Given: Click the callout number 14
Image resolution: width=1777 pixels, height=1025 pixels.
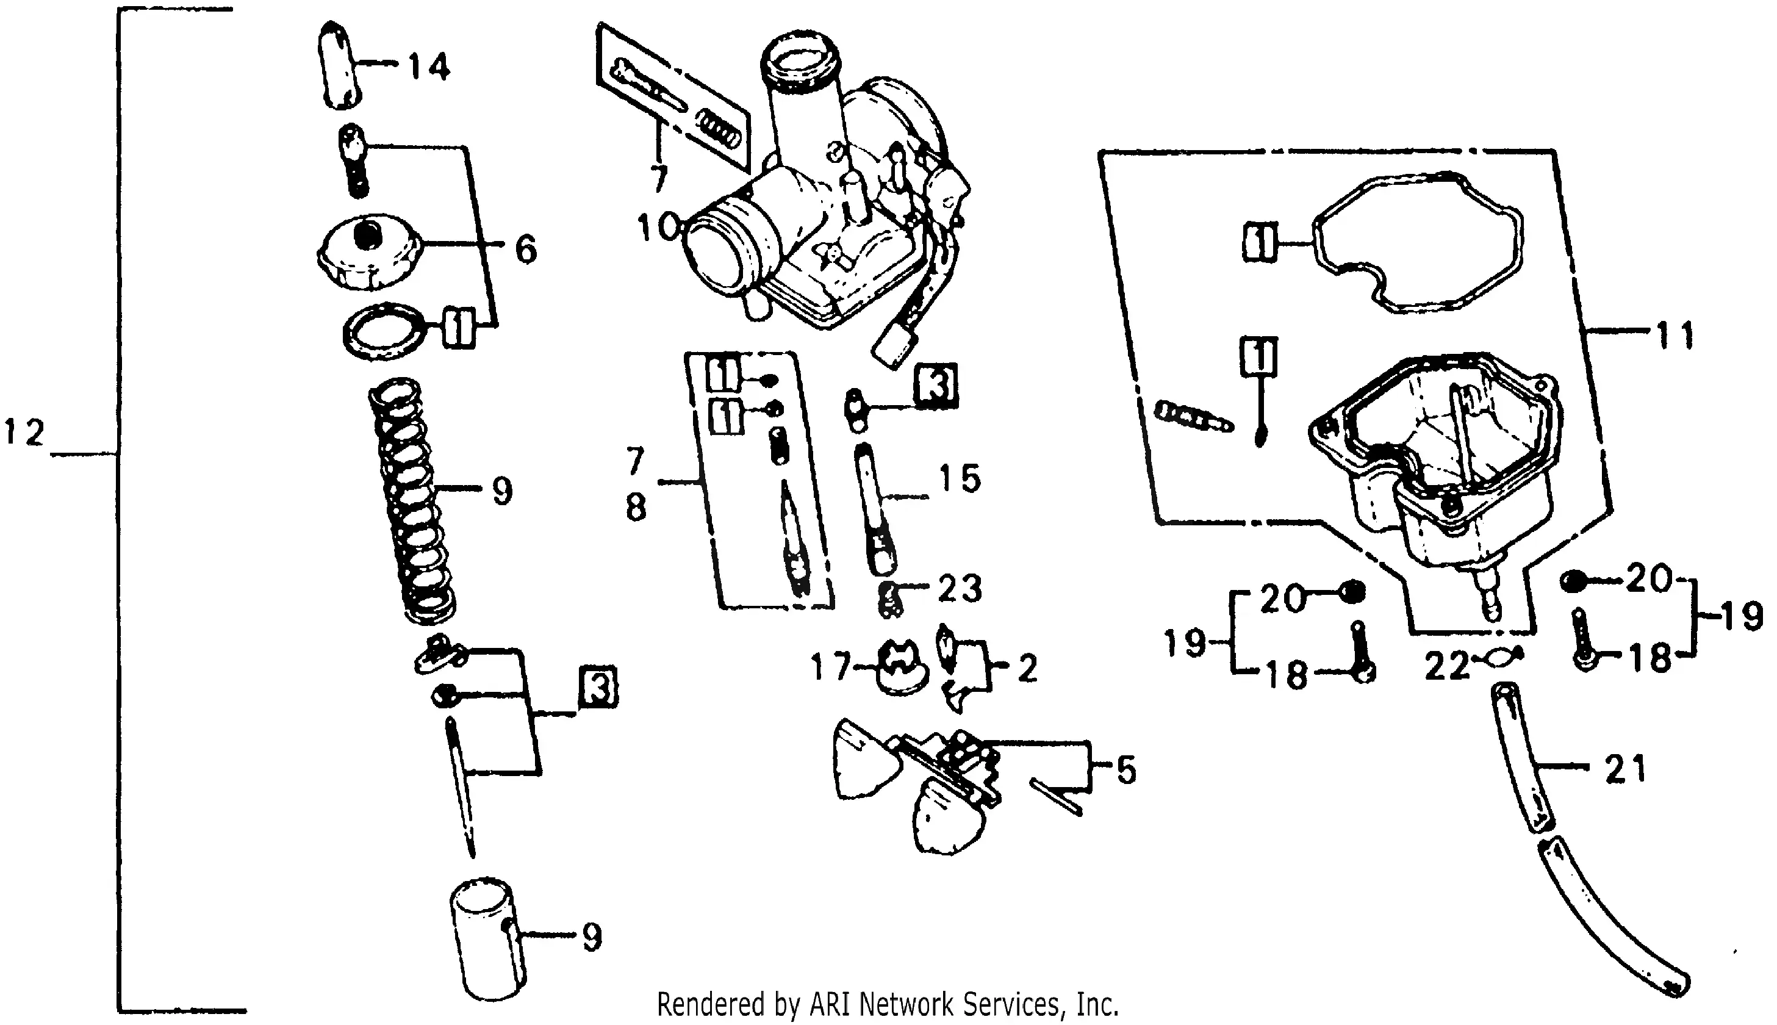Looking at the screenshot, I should [x=429, y=68].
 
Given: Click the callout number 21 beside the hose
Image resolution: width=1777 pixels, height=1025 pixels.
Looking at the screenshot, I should [x=1625, y=769].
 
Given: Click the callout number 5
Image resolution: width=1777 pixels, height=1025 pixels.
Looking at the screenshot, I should [x=1126, y=769].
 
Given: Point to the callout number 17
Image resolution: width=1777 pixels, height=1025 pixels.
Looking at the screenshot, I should [x=830, y=667].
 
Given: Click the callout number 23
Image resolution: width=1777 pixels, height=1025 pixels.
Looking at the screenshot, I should [x=960, y=589].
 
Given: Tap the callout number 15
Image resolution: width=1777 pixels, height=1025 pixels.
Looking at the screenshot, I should [x=961, y=479].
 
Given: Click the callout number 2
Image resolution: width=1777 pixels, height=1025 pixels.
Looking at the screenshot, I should [x=1027, y=668].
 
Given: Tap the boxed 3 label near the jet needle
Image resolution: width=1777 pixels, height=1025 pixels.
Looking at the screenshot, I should [x=598, y=687].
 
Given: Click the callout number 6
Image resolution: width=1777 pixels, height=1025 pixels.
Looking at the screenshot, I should [x=526, y=249].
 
